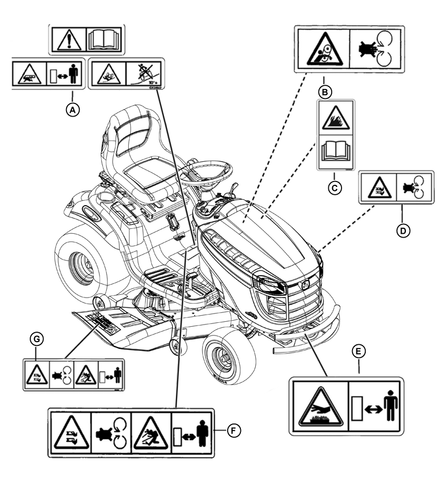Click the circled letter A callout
pos(73,109)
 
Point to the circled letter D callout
pos(403,230)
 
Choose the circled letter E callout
pos(359,350)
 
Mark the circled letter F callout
pos(234,430)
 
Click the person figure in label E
pos(390,408)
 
